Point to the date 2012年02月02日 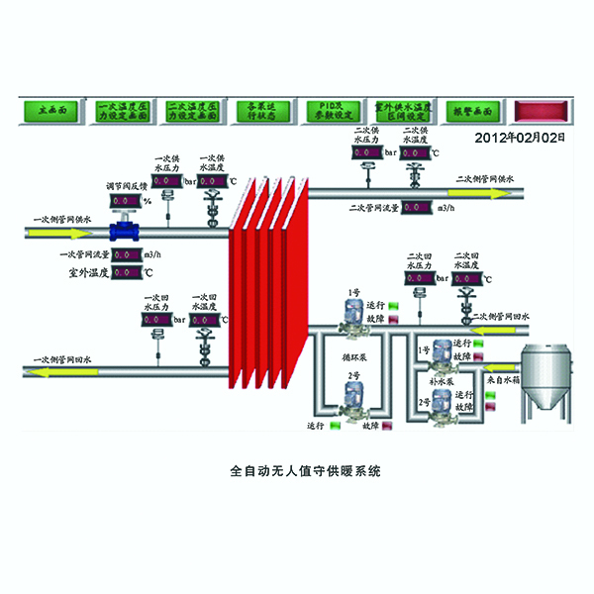(521, 138)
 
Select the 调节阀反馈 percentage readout (125, 201)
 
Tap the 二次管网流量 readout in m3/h (415, 208)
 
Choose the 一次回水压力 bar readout (157, 320)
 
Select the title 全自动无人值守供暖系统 (297, 471)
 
